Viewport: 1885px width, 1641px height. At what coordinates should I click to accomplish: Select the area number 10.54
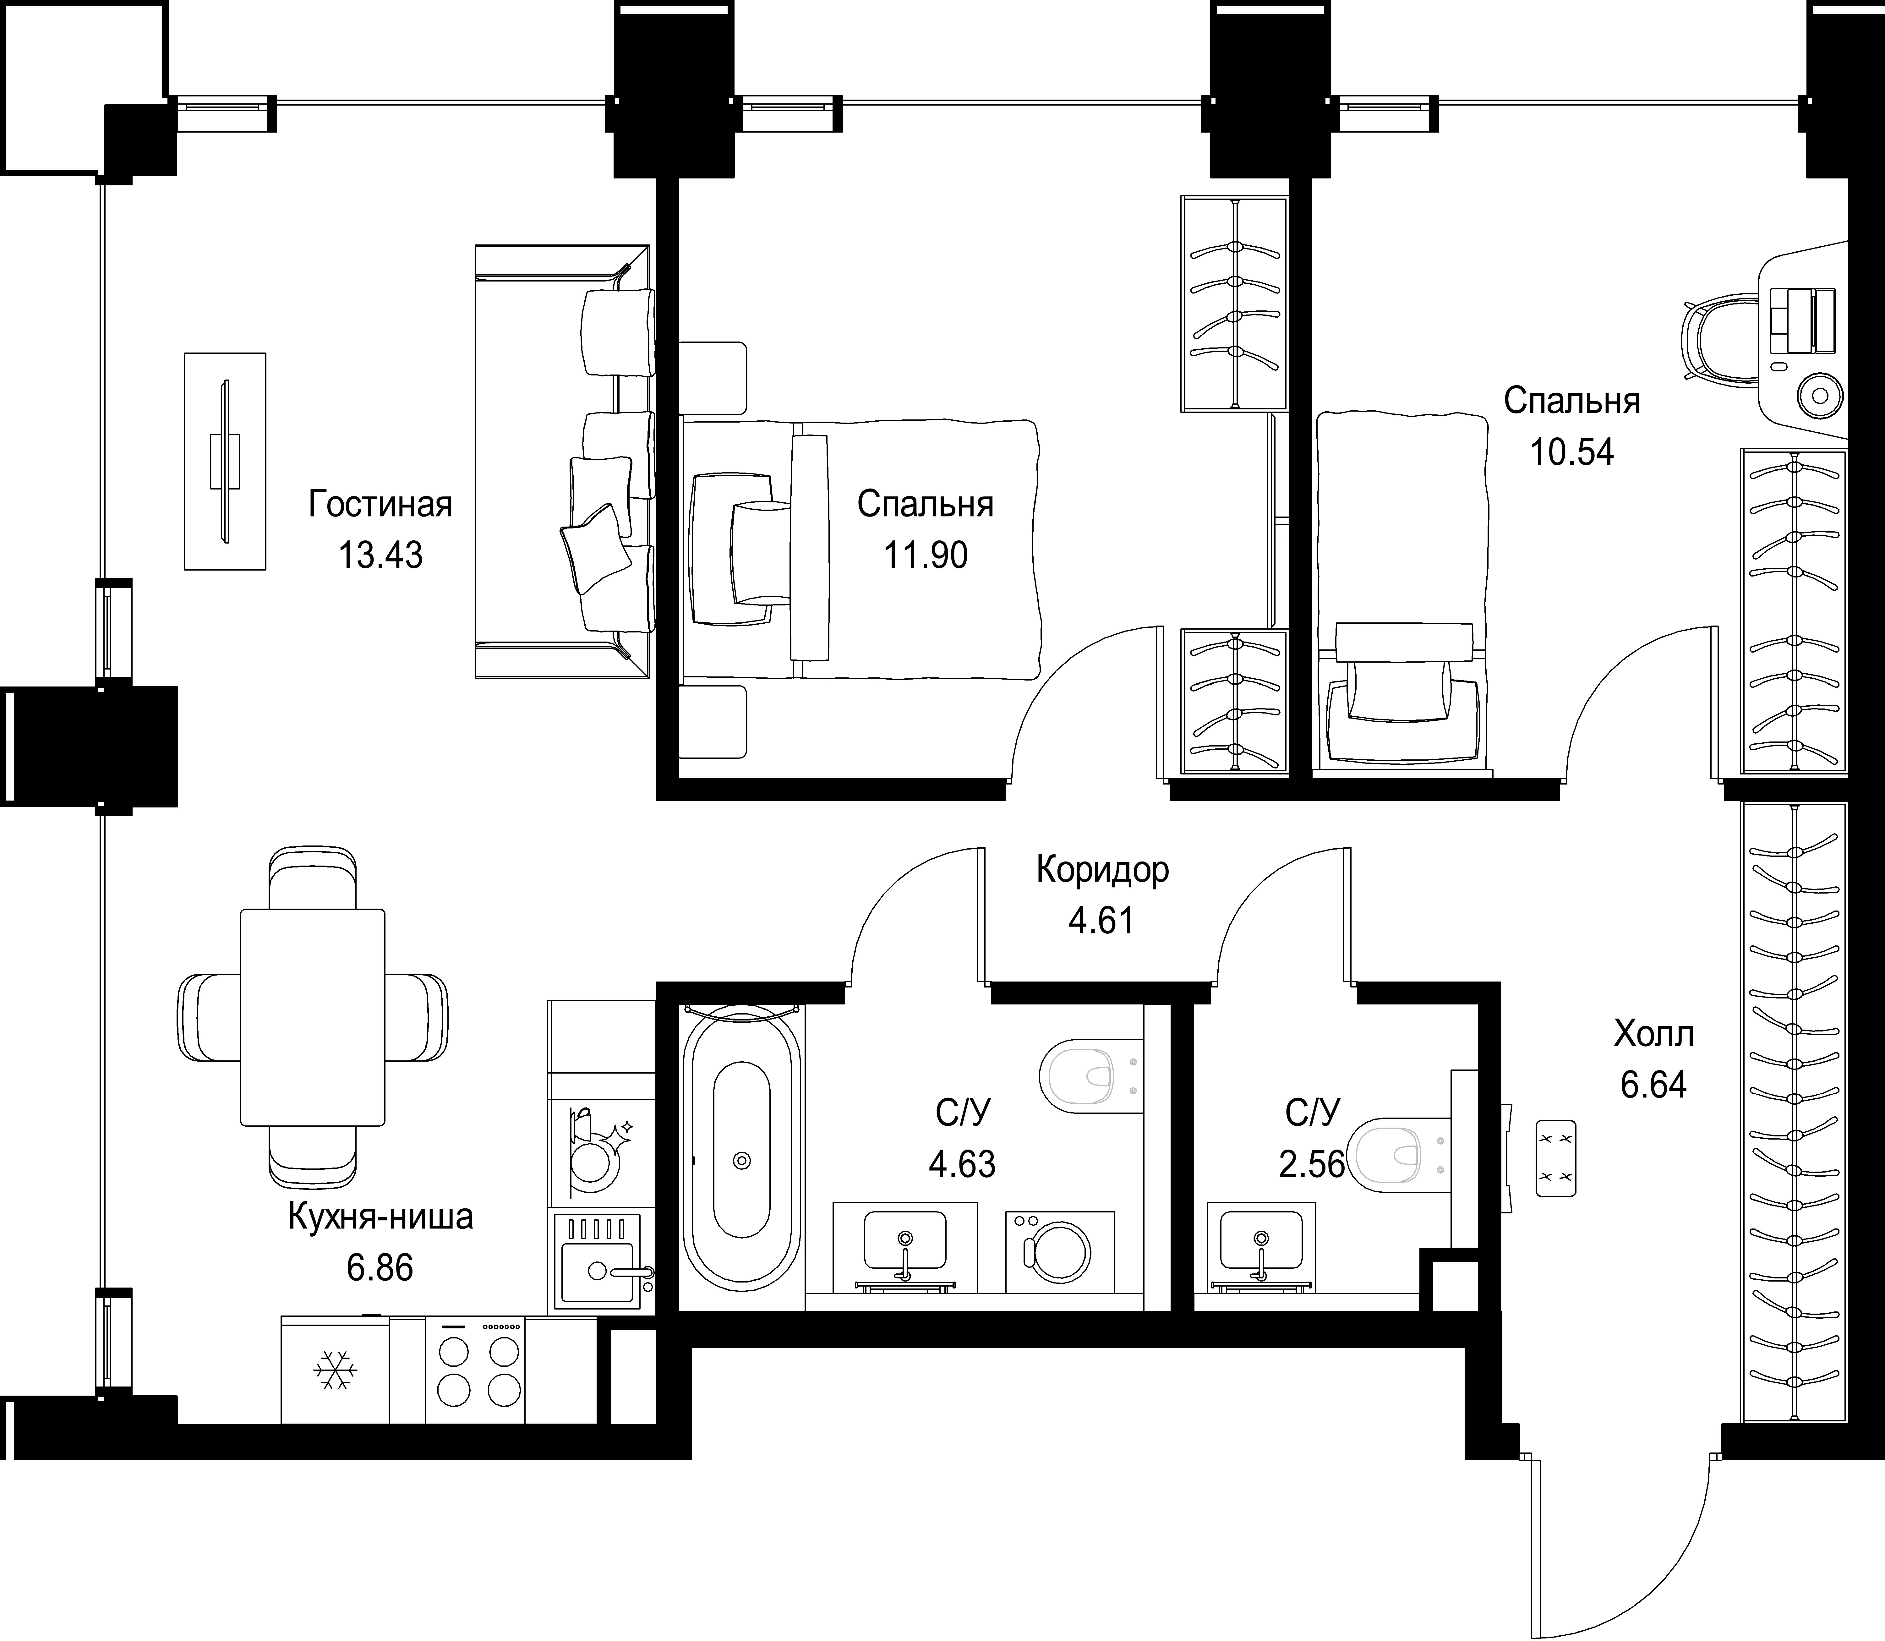pos(1572,452)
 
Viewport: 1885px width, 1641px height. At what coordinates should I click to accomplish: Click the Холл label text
pos(1653,1035)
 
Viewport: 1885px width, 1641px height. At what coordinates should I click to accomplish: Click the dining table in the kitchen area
pos(312,1016)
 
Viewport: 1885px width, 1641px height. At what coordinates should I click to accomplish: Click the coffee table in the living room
pos(225,462)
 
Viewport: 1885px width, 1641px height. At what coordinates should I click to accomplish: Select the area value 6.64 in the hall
pos(1653,1085)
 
